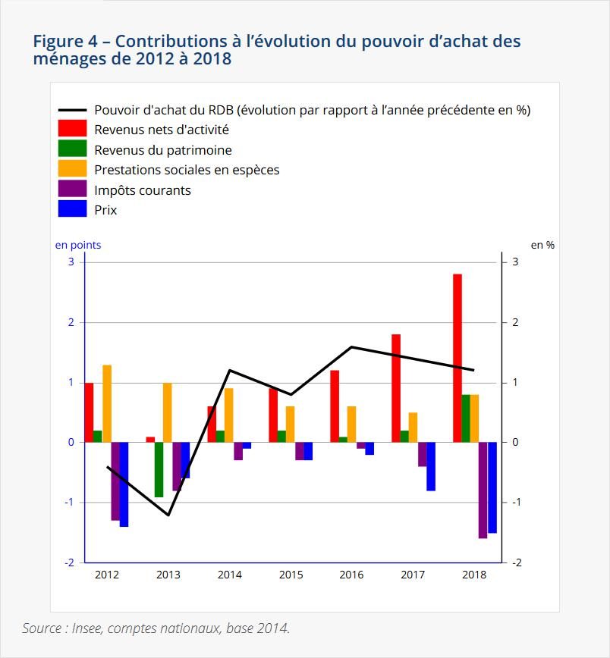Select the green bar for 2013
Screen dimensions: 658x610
[x=159, y=469]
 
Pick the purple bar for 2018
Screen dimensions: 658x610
[x=483, y=490]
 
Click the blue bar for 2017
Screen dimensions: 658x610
[x=431, y=466]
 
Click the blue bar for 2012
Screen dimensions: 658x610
[x=124, y=484]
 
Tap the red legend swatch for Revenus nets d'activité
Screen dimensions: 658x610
[x=72, y=130]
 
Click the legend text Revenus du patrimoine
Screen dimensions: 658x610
[x=162, y=150]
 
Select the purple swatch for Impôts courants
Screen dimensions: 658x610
[x=72, y=190]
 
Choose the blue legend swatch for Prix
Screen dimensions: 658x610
[x=72, y=210]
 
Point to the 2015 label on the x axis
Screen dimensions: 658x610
[x=291, y=575]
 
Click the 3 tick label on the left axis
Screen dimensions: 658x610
[x=71, y=262]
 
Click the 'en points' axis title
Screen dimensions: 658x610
[x=77, y=245]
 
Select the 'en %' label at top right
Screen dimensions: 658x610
[x=542, y=245]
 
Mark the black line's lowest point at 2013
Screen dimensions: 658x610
[x=168, y=515]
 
